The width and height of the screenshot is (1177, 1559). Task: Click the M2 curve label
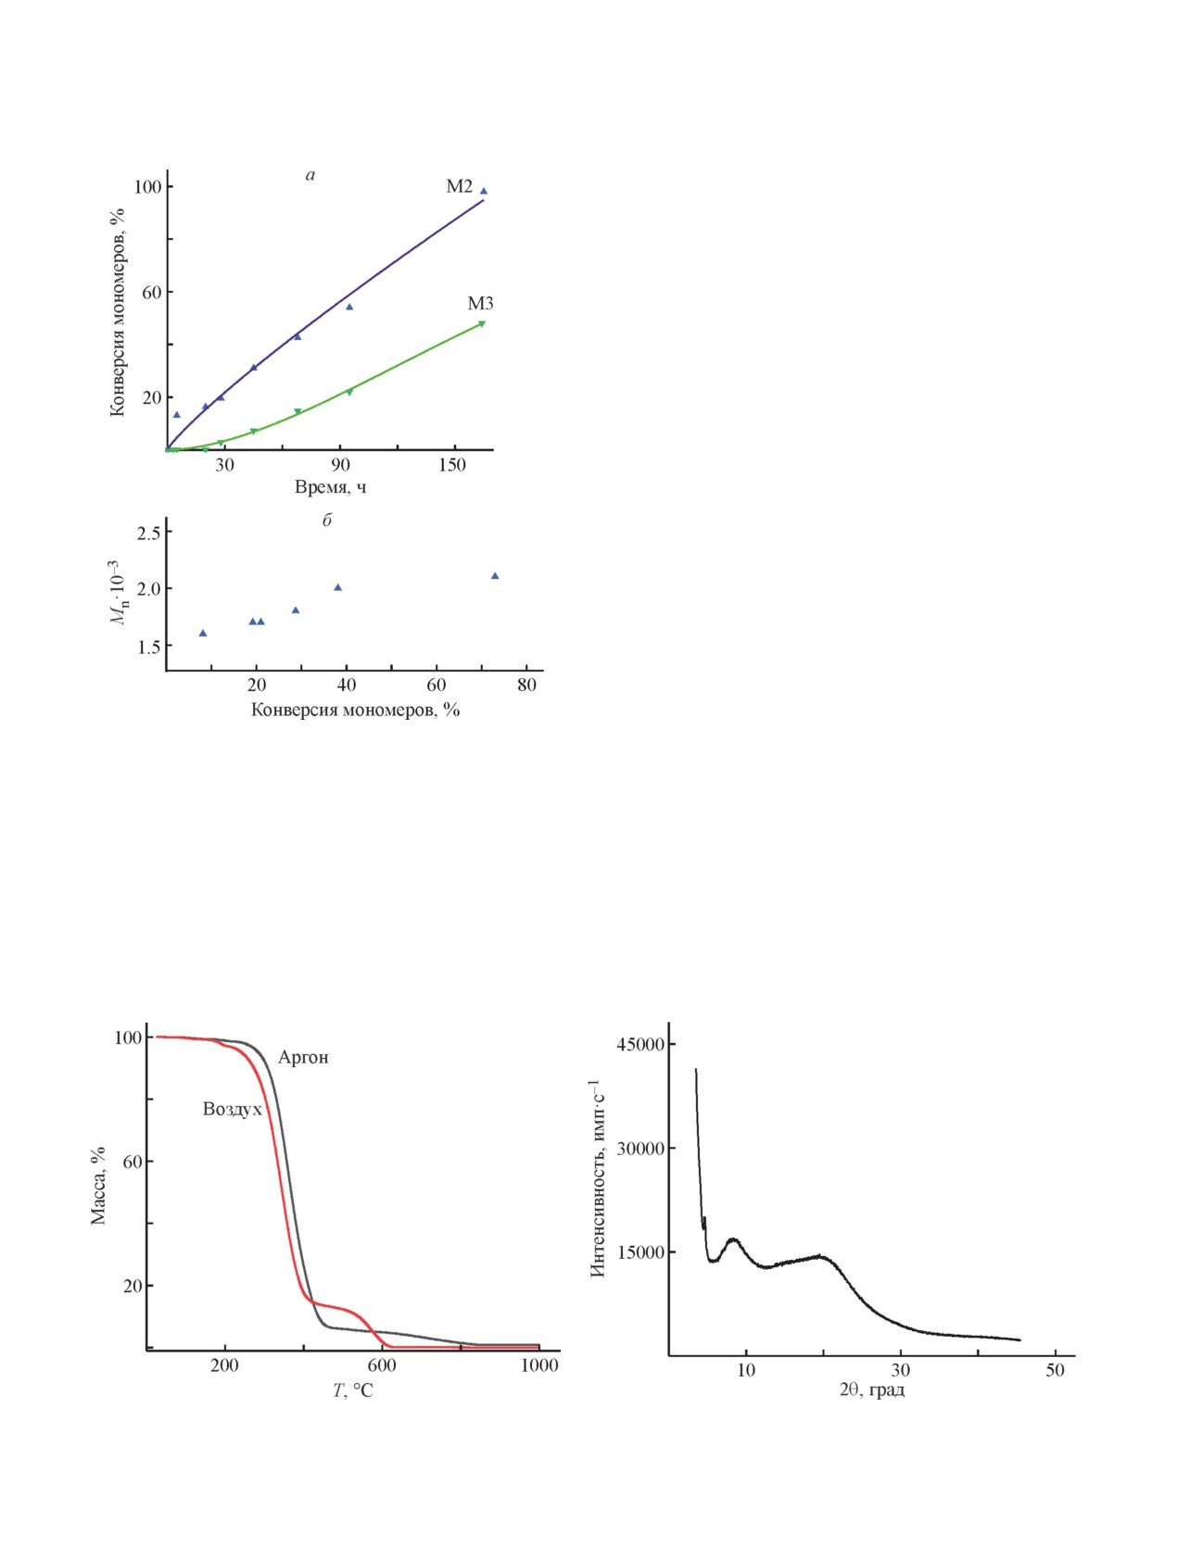[x=459, y=186]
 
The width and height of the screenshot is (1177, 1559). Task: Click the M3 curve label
[x=480, y=303]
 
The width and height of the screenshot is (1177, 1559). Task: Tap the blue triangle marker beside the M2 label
[x=483, y=191]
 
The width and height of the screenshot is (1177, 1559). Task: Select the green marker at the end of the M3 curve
[x=482, y=323]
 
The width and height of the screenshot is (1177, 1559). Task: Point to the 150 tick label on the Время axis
[x=452, y=465]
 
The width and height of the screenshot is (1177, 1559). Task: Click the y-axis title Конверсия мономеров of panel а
[x=118, y=312]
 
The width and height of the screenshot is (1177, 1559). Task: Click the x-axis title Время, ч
[x=330, y=487]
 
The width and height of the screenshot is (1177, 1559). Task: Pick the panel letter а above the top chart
[x=310, y=175]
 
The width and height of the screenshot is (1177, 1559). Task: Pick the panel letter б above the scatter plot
[x=326, y=521]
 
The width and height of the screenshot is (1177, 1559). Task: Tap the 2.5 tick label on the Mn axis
[x=148, y=533]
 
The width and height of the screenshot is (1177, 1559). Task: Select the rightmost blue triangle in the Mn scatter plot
[x=495, y=576]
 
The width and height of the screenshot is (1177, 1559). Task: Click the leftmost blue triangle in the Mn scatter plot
[x=203, y=634]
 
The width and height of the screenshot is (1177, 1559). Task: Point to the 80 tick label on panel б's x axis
[x=526, y=685]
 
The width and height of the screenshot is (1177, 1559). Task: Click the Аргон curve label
[x=303, y=1058]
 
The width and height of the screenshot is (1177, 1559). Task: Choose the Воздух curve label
[x=232, y=1110]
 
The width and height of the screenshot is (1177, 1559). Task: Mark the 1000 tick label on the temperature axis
[x=539, y=1365]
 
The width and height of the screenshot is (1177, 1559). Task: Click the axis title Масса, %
[x=98, y=1186]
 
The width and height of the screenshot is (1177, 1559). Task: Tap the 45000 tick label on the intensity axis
[x=640, y=1045]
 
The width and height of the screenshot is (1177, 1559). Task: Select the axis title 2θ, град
[x=871, y=1390]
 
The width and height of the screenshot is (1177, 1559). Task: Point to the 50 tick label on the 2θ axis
[x=1055, y=1370]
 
